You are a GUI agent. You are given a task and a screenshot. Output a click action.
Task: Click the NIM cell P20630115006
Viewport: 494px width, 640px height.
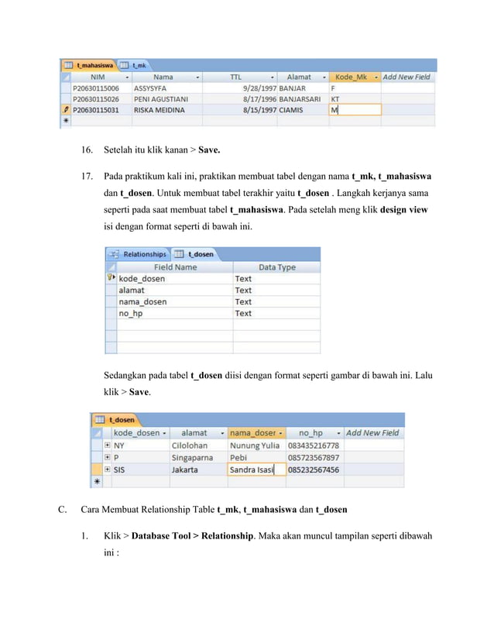point(95,88)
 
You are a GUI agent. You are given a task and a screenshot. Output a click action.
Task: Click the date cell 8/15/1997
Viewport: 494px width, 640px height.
point(259,110)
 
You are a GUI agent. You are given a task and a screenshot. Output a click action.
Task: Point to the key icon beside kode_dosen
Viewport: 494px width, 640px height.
point(111,278)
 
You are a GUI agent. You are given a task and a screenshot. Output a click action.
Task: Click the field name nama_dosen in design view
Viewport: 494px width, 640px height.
point(142,301)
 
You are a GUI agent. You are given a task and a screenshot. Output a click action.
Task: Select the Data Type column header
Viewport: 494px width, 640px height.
point(276,267)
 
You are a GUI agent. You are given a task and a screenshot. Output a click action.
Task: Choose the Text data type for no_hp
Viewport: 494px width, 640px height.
point(243,313)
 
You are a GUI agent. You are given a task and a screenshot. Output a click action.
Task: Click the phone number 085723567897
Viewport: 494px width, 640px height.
point(313,458)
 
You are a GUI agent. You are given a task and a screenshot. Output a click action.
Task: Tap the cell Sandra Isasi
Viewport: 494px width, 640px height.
point(252,470)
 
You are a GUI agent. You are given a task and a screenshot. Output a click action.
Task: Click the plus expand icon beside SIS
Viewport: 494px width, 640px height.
point(107,470)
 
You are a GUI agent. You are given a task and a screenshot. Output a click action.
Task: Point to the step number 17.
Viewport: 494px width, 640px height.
point(87,177)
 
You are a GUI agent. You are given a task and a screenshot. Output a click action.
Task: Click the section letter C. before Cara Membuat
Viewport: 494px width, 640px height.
point(62,510)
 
